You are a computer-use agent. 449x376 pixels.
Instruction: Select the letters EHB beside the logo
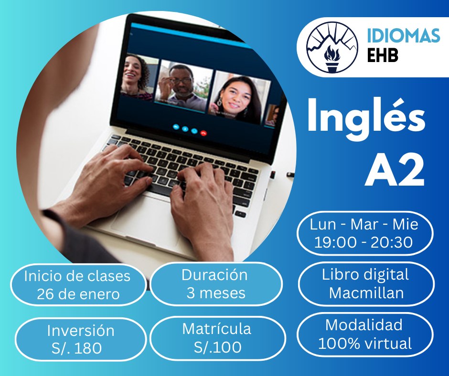point(382,56)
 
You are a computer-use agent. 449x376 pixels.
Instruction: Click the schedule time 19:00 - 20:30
point(363,242)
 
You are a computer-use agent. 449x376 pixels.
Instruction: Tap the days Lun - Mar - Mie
point(364,224)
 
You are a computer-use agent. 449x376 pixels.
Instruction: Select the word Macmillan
point(366,293)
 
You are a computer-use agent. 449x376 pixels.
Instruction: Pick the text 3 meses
point(216,293)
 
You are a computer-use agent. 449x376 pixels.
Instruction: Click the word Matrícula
point(216,329)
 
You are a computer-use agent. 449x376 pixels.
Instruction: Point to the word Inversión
point(80,330)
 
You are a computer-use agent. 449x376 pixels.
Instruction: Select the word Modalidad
point(364,325)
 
